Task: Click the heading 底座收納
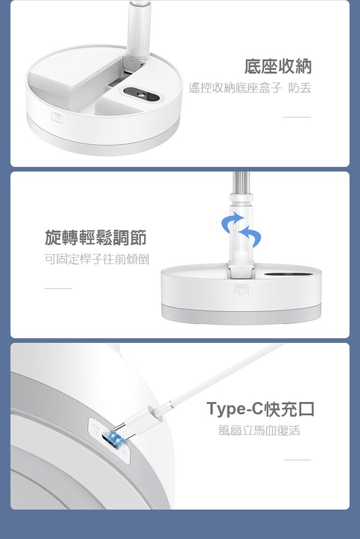(x=278, y=67)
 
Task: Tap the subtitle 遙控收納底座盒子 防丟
(x=250, y=88)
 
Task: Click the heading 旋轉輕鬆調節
(x=96, y=238)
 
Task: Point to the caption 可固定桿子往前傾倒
(x=97, y=259)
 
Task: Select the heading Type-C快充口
(x=260, y=409)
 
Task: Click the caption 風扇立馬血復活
(x=259, y=431)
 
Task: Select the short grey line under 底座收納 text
(x=297, y=117)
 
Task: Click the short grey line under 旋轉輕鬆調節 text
(x=59, y=288)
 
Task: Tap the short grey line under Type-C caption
(x=297, y=460)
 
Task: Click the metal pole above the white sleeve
(x=241, y=182)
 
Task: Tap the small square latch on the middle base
(x=240, y=290)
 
